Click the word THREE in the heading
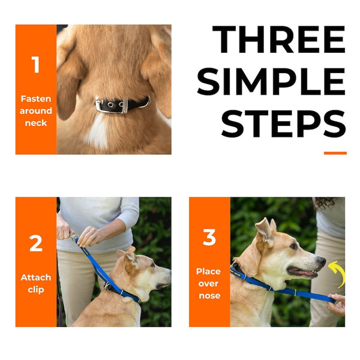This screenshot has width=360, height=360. pos(279,40)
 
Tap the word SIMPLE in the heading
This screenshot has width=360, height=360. pos(271,82)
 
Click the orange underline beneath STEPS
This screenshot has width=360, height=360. pos(335,153)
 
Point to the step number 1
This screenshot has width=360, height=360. pos(35,65)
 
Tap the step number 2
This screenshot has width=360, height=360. pos(35,244)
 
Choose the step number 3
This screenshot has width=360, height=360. pos(209,238)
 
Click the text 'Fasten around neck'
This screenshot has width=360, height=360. pos(36,111)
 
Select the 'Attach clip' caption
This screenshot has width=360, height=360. pos(36,284)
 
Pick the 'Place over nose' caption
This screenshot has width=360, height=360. pos(209,283)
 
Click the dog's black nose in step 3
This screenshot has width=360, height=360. pos(321,261)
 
